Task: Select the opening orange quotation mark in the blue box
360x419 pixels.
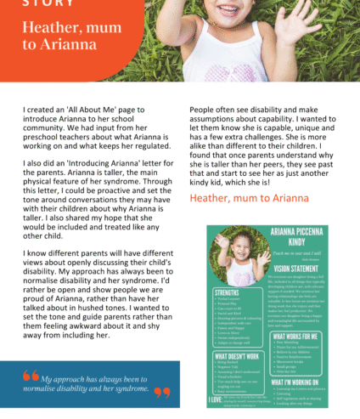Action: [x=31, y=377]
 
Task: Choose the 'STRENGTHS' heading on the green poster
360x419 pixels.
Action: [x=228, y=293]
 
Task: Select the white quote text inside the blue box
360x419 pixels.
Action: [x=97, y=384]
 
